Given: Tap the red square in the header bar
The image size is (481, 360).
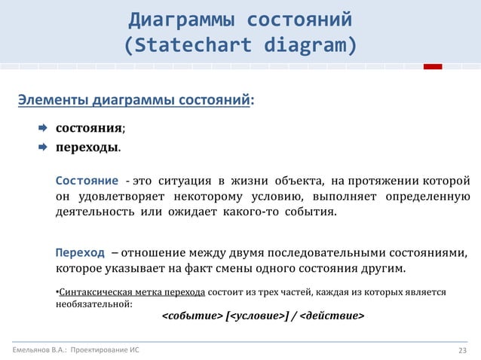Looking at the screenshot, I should click(x=432, y=67).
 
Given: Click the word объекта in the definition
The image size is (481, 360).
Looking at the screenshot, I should click(x=297, y=182).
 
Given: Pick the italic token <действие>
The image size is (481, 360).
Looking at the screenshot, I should click(x=332, y=316).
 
